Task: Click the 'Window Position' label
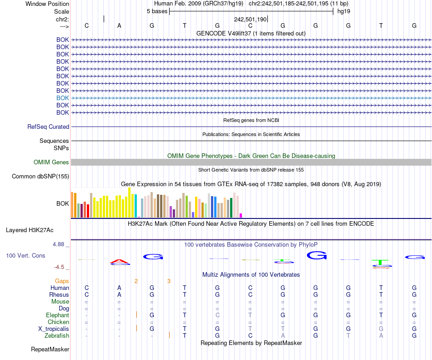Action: [47, 4]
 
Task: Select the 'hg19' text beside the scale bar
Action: [343, 11]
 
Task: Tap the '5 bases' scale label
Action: [157, 11]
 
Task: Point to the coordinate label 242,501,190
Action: [250, 19]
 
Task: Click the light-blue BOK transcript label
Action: [63, 98]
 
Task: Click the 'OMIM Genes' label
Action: [51, 162]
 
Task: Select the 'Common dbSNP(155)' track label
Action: [40, 177]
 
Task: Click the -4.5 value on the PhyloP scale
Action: [61, 267]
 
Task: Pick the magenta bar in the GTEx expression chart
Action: [241, 215]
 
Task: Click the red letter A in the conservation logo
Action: [120, 262]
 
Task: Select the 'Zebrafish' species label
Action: [57, 335]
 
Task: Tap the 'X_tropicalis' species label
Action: [54, 329]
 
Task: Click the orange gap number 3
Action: [169, 281]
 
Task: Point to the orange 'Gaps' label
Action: [62, 281]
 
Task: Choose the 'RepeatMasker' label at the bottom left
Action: [50, 350]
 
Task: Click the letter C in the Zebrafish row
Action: [250, 335]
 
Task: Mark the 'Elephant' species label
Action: [57, 315]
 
